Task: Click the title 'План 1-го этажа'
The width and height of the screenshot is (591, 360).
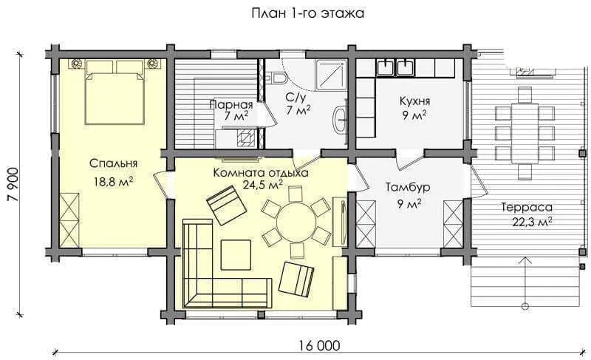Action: point(307,13)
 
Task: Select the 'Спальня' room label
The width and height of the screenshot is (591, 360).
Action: point(114,163)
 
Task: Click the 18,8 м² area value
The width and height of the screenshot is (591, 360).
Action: point(114,182)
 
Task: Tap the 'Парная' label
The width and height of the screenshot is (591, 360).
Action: point(231,104)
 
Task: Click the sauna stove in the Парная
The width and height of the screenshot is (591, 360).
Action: point(245,137)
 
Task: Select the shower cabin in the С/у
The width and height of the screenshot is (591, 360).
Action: point(330,75)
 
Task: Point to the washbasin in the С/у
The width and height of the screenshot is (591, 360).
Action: point(341,120)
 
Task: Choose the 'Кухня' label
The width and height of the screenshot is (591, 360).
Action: point(414,101)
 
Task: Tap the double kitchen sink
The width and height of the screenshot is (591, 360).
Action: point(395,67)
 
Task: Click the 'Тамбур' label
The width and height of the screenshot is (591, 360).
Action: point(408,187)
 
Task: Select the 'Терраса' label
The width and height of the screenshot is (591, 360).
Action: point(527,207)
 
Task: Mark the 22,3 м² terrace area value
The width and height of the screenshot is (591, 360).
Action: point(532,222)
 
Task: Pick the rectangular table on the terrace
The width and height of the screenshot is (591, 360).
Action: point(525,133)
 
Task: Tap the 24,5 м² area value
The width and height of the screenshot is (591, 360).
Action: point(264,186)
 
